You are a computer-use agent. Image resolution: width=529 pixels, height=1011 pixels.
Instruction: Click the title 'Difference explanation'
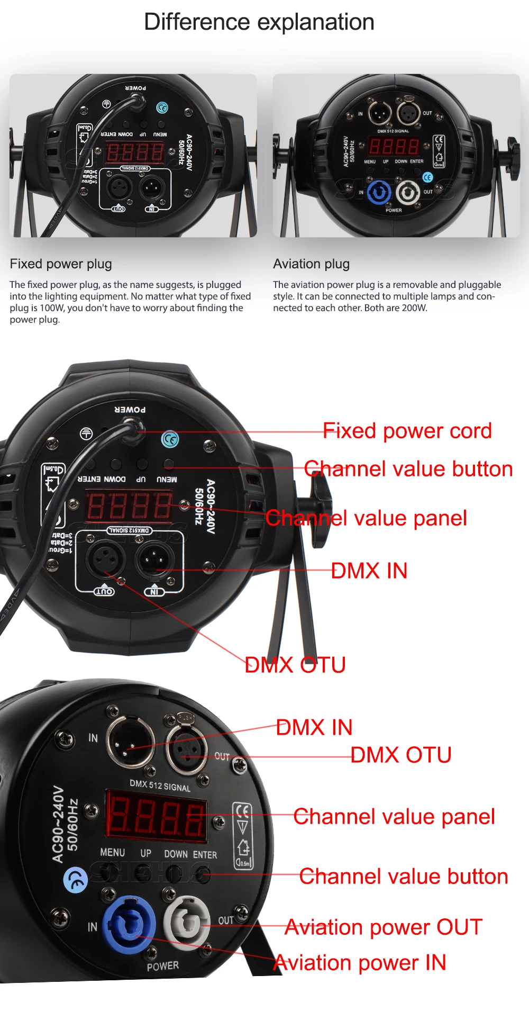(259, 22)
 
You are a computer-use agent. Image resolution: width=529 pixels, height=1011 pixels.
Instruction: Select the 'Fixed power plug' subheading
(61, 264)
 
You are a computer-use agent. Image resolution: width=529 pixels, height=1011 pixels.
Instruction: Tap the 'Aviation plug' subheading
(311, 264)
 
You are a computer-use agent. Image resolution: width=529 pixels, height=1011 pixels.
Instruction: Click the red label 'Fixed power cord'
(407, 431)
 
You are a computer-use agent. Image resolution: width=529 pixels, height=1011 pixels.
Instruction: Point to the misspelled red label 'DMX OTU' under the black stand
(295, 665)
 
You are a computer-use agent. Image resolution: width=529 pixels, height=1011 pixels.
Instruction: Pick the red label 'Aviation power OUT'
(384, 927)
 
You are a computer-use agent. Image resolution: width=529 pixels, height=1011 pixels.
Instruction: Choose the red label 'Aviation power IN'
(360, 962)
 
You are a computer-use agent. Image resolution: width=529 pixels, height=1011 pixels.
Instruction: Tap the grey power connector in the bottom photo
(186, 923)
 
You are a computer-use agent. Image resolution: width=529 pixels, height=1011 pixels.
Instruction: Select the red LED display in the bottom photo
(156, 816)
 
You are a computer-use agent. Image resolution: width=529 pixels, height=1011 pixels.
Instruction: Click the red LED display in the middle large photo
(129, 505)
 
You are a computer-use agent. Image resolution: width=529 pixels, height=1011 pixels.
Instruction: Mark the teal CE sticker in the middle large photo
(170, 439)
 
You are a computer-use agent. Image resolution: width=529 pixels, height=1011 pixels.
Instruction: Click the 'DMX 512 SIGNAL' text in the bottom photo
(160, 786)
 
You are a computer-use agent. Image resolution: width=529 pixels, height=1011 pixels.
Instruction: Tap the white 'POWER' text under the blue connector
(163, 966)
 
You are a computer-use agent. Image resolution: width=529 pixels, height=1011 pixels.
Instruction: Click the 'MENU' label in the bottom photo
(113, 852)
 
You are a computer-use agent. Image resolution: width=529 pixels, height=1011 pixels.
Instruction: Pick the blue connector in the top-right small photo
(379, 193)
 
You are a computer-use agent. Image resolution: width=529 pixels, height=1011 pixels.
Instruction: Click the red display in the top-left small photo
(135, 153)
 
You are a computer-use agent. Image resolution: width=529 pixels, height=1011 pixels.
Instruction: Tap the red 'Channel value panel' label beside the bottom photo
(394, 816)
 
